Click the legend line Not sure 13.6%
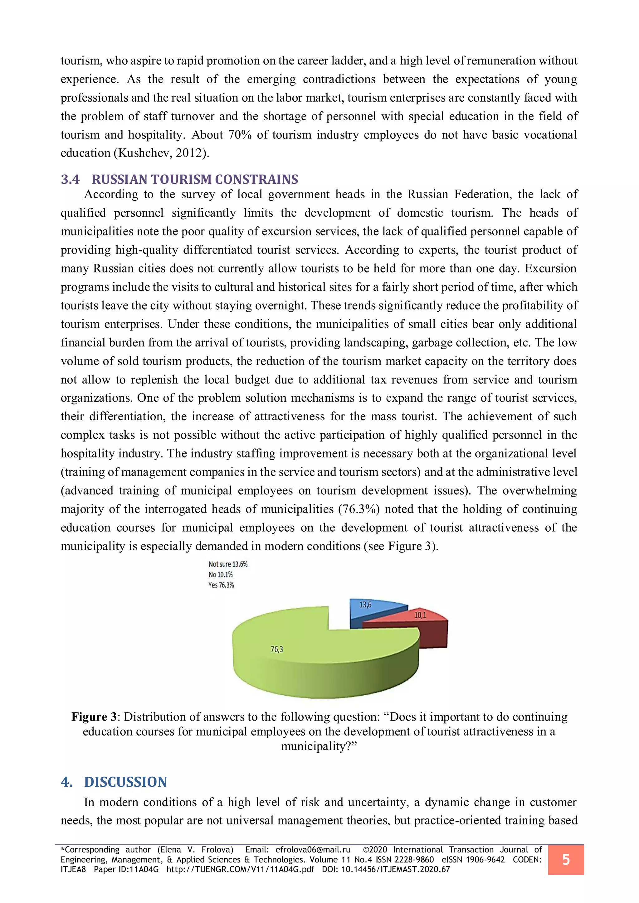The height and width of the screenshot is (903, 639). point(228,564)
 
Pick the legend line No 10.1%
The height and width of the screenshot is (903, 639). point(220,575)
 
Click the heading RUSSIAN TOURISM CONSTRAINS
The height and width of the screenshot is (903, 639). point(195,179)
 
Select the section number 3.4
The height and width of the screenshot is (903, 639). point(70,179)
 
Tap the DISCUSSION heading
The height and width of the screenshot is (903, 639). point(125,782)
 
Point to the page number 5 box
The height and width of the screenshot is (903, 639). point(565,860)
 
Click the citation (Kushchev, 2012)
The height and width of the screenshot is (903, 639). point(161,153)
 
